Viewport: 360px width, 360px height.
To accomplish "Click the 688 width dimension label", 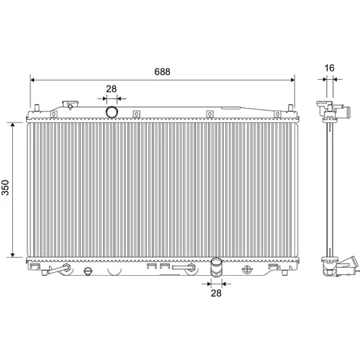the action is (x=162, y=72).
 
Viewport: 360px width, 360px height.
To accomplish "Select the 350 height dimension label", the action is (x=5, y=187).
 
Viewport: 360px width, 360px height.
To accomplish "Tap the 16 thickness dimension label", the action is (x=329, y=68).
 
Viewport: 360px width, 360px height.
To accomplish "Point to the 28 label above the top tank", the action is (x=112, y=89).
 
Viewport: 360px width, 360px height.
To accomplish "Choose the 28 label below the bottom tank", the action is (x=216, y=293).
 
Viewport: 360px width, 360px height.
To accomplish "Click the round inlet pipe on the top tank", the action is (x=112, y=112).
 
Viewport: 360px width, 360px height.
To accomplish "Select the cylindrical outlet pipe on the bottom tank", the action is (x=216, y=268).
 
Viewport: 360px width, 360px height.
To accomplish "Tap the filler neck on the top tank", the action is (x=70, y=105).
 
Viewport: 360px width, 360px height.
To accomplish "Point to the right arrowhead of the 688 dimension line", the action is (x=292, y=80).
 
